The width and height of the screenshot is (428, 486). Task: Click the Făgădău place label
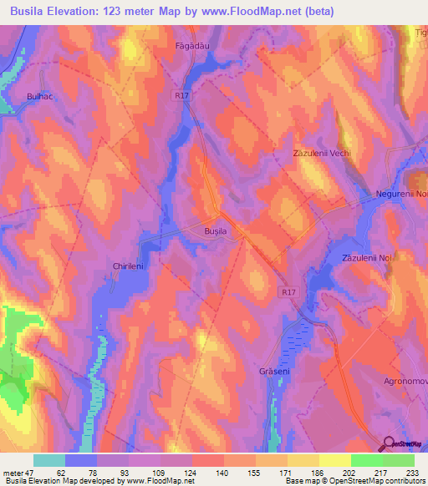191,44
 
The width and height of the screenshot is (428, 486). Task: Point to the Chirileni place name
130,266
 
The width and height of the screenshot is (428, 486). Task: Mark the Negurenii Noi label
400,194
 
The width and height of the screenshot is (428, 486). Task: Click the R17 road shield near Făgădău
183,96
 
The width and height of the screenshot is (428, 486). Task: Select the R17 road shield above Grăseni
288,292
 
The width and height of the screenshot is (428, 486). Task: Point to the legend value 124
192,472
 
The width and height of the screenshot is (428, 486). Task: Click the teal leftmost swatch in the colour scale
49,460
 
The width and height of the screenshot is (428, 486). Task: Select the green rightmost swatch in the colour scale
399,460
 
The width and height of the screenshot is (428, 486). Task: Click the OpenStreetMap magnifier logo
387,443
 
